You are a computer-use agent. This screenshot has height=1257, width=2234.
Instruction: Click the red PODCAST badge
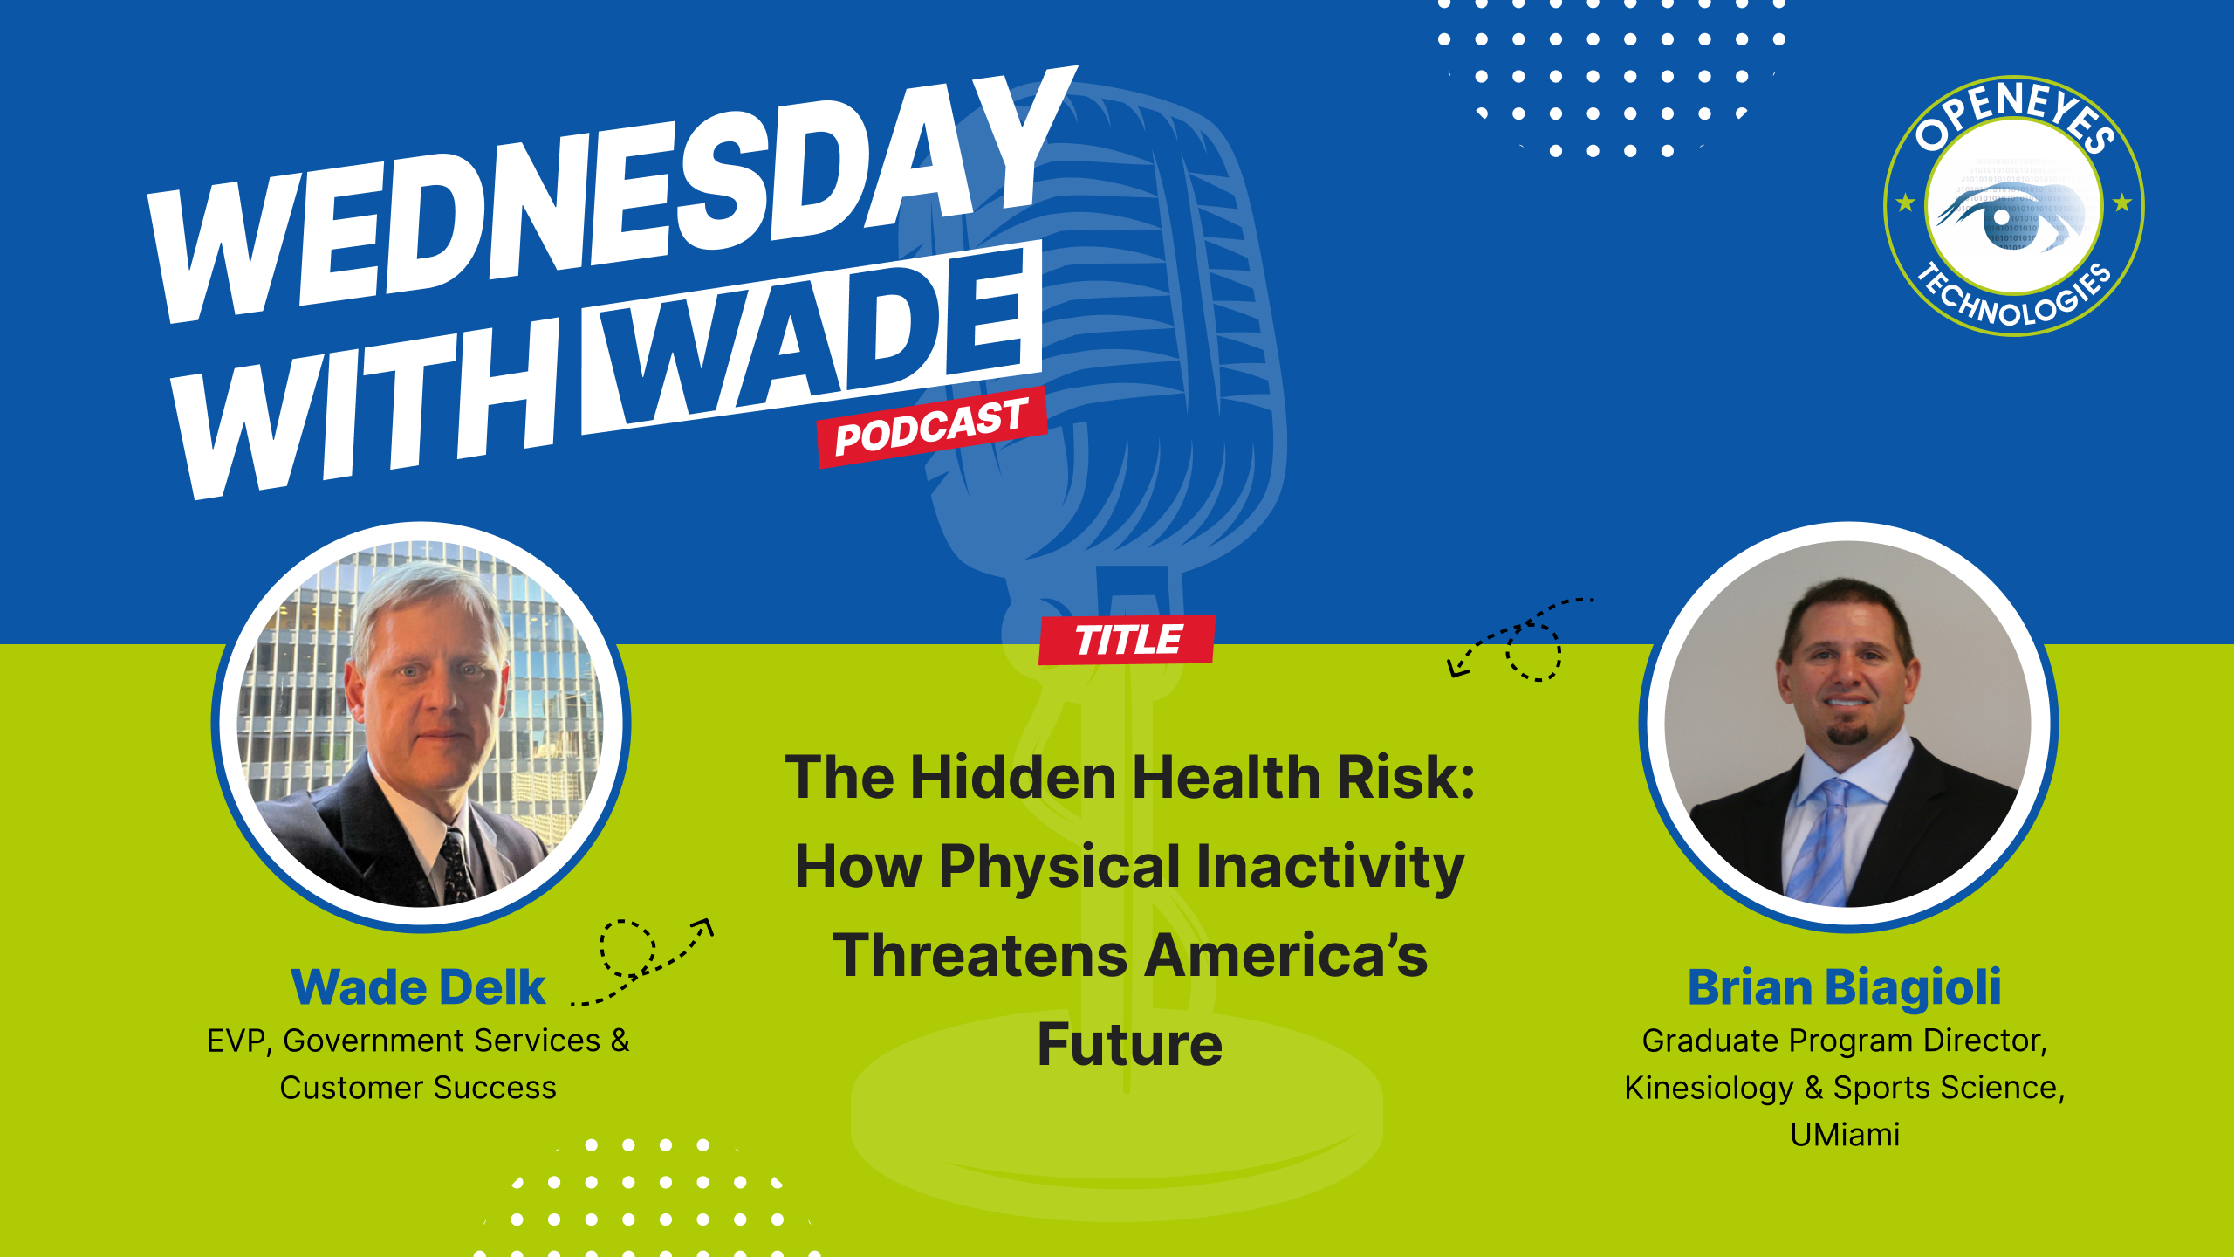(931, 426)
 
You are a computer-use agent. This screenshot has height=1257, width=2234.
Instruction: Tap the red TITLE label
(1127, 640)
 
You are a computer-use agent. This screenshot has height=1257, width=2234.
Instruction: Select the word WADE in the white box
(812, 340)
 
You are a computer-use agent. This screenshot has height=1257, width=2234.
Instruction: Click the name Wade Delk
(418, 987)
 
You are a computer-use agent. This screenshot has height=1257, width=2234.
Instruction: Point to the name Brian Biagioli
(1844, 987)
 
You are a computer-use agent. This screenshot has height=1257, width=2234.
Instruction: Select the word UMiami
(1844, 1135)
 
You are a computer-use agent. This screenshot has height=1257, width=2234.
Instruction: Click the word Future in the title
(1129, 1045)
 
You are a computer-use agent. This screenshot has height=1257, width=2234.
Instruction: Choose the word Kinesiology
(1708, 1089)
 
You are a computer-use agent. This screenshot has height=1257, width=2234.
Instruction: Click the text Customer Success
(418, 1089)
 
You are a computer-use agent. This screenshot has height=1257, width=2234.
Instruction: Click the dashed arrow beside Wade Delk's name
(646, 960)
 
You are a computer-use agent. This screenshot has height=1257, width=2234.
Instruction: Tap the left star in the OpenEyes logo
(1905, 203)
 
